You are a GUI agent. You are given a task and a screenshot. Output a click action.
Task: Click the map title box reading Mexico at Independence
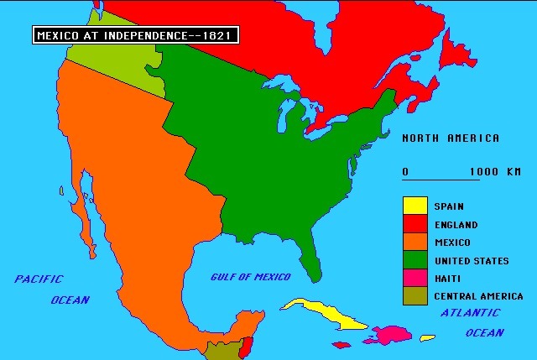(x=135, y=35)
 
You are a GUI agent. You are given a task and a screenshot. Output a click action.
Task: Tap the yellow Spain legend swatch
(x=414, y=206)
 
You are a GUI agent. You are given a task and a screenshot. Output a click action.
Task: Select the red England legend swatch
(x=414, y=224)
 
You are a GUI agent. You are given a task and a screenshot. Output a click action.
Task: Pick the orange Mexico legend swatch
(x=414, y=242)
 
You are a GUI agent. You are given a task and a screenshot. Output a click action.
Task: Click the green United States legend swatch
(x=414, y=260)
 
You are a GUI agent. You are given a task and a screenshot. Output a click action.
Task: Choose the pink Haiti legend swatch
(x=414, y=278)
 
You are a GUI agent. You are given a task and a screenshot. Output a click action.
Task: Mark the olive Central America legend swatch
(x=414, y=295)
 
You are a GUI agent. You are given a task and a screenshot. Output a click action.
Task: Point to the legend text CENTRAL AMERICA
(x=478, y=296)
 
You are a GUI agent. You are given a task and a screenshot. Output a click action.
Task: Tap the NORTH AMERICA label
(x=451, y=138)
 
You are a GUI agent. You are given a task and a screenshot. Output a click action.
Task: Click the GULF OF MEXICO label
(x=251, y=277)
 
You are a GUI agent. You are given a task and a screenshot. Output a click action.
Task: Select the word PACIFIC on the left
(x=39, y=279)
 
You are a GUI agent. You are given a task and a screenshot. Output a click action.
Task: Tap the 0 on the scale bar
(x=405, y=172)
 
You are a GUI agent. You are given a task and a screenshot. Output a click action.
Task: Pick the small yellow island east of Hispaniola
(x=428, y=338)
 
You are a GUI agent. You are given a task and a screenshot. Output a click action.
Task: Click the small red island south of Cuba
(x=341, y=344)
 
